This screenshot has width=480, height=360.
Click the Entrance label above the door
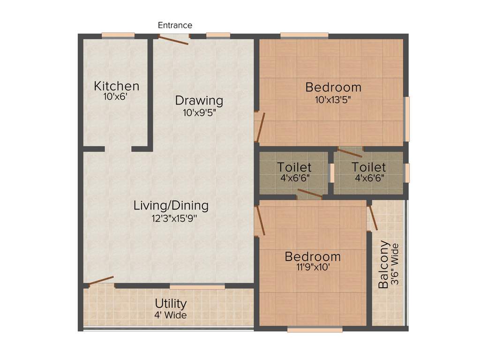175,25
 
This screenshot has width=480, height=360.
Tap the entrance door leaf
173,40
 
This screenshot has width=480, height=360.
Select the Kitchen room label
117,86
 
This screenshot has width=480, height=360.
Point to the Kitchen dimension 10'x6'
116,97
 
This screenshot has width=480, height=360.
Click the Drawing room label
199,100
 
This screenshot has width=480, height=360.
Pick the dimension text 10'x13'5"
333,99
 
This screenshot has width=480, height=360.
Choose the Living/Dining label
171,205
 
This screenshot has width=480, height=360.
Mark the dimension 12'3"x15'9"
171,218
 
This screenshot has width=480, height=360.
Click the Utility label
171,304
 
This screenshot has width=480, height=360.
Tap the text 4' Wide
171,315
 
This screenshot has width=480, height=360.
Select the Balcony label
384,264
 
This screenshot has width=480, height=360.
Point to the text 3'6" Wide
395,264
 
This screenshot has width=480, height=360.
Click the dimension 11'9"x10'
313,268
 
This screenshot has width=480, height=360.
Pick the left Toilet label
294,167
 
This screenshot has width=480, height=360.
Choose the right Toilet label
369,167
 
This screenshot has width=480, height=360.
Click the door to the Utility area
101,281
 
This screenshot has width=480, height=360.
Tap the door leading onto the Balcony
373,217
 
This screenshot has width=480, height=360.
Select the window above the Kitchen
118,35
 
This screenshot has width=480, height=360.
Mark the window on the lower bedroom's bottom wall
315,330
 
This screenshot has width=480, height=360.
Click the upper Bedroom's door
261,127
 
